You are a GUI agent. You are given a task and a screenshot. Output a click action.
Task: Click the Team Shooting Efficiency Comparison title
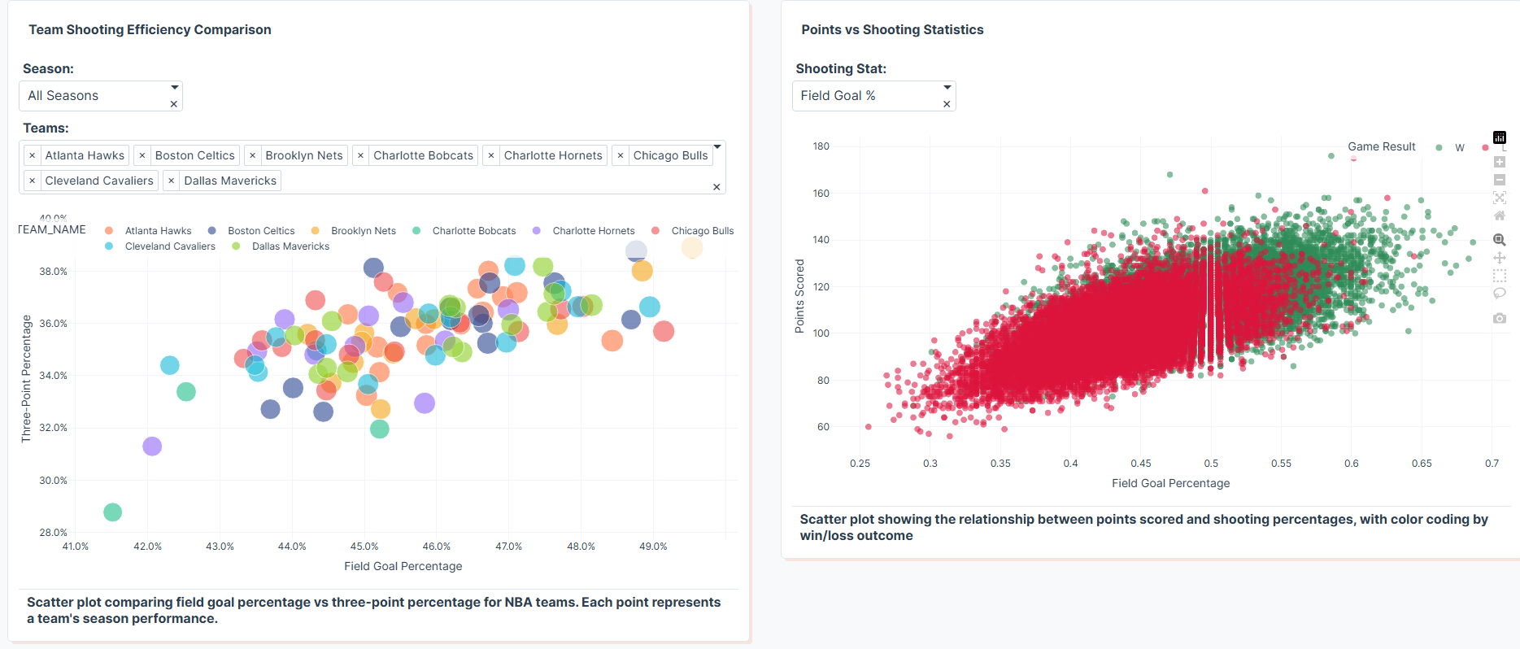click(x=150, y=30)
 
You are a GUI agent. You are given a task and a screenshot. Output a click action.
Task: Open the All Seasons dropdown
click(x=100, y=96)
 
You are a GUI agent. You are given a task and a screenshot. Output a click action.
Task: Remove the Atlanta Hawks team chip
click(x=32, y=155)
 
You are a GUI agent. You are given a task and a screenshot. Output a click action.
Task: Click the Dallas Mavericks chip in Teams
click(x=229, y=181)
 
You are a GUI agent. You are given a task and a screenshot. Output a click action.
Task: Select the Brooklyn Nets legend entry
click(x=363, y=231)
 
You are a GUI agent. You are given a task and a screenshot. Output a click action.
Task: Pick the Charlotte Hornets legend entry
click(x=593, y=231)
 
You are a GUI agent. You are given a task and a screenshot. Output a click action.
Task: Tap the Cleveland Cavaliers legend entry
click(x=170, y=246)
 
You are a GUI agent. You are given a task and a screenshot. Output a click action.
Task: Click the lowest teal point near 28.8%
click(x=113, y=512)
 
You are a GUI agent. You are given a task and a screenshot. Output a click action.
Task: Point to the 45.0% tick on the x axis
click(x=364, y=547)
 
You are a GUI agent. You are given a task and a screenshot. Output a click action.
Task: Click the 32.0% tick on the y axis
click(x=53, y=428)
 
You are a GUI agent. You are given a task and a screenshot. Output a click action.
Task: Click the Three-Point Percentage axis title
click(x=26, y=379)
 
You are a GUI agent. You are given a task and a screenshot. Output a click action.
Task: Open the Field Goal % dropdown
click(x=873, y=96)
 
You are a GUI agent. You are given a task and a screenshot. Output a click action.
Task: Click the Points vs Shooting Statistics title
click(x=892, y=30)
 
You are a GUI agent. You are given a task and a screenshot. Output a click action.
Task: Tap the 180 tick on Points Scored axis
click(x=821, y=146)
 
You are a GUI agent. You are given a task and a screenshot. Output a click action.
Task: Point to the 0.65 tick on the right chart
click(x=1422, y=464)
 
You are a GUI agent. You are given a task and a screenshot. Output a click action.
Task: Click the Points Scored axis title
click(x=799, y=296)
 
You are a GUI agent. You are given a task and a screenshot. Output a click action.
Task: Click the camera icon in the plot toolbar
click(x=1500, y=318)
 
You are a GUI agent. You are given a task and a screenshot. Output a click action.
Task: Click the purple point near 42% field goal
click(x=152, y=446)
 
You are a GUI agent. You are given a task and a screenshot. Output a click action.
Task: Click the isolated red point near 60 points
click(x=869, y=427)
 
